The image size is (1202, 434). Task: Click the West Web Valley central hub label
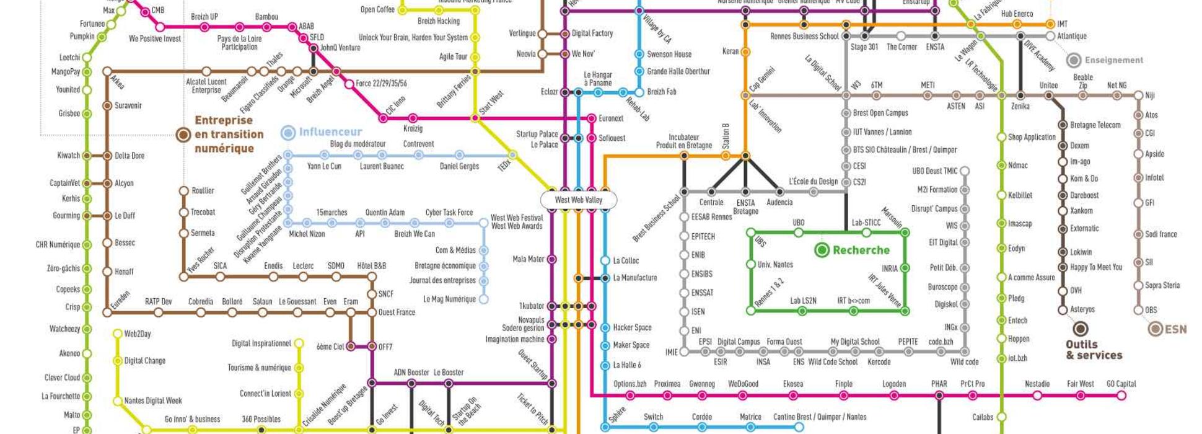[578, 200]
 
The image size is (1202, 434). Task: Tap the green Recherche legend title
[861, 250]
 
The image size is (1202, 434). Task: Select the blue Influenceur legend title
[330, 132]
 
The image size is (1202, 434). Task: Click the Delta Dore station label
[129, 156]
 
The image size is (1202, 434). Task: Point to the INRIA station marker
[905, 268]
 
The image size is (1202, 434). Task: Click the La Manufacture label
[634, 278]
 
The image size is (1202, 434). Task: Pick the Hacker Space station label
[632, 327]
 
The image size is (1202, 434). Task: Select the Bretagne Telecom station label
[1095, 125]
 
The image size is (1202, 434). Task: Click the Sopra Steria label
[1162, 286]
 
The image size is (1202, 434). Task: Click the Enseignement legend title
[1113, 60]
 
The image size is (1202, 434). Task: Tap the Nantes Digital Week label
[153, 401]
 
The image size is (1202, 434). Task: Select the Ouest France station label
[397, 312]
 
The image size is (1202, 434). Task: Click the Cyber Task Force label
[449, 213]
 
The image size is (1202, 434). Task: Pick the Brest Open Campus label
[880, 113]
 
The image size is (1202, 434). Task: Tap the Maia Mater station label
[528, 259]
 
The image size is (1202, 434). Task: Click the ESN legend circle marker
[1155, 329]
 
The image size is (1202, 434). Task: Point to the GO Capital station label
[1121, 384]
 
